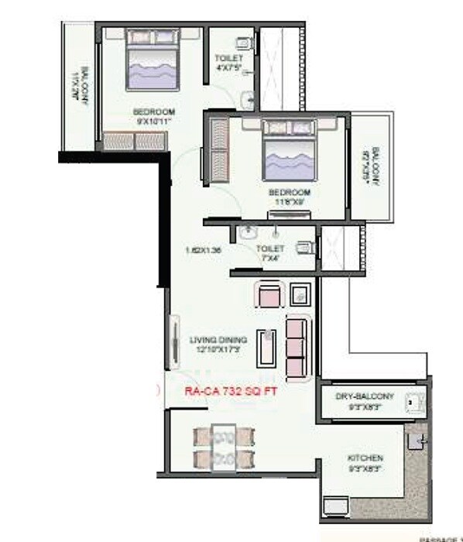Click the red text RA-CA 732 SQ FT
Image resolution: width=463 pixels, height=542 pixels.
point(230,392)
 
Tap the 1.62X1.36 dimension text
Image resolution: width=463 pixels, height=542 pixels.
point(204,250)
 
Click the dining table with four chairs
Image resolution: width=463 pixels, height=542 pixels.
point(223,448)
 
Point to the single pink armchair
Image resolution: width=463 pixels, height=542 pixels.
point(268,295)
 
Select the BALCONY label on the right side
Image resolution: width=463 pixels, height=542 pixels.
point(375,165)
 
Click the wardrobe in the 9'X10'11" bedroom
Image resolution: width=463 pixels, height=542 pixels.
point(134,141)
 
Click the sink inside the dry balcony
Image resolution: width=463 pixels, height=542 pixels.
point(412,403)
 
